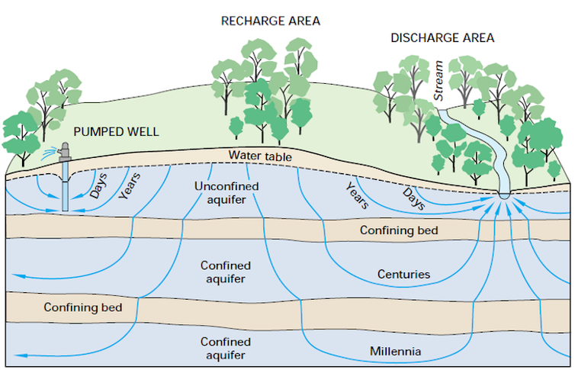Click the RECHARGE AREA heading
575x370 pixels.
point(270,21)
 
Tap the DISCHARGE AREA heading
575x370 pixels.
point(442,37)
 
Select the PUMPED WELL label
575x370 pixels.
point(116,131)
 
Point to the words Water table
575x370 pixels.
point(259,156)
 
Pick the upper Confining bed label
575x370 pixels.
point(400,230)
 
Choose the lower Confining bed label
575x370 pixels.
point(79,307)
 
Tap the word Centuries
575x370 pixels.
point(403,273)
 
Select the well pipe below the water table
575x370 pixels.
point(65,195)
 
